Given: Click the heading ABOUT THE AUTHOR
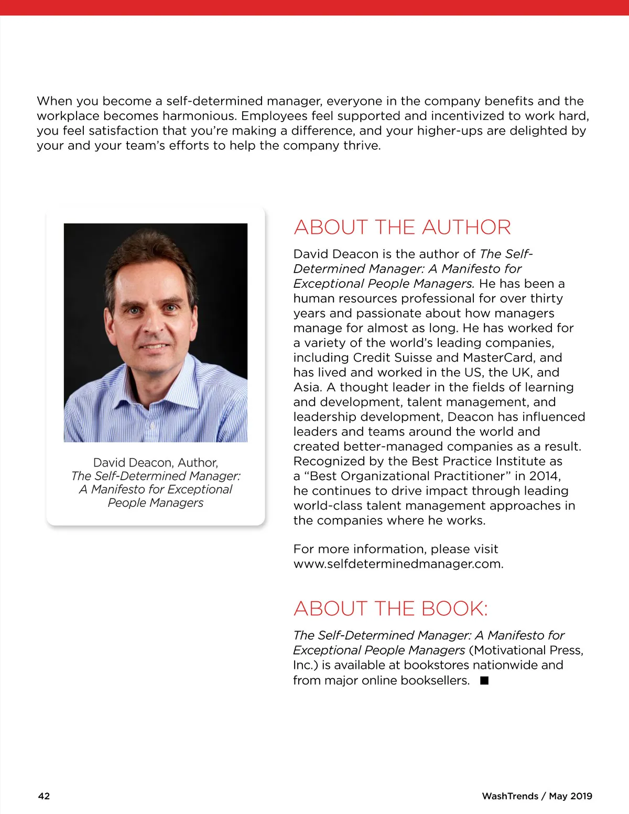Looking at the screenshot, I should coord(402,227).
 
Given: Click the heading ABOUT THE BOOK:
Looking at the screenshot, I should coord(391,609).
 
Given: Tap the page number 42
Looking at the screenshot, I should coord(44,796).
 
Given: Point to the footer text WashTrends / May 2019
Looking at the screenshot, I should coord(537,796).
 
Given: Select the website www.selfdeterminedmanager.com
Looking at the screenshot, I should coord(398,564).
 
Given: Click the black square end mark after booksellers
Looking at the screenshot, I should coord(484,680).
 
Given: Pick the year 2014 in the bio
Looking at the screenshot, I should coord(545,476).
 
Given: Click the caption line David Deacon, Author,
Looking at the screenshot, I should coord(156,463).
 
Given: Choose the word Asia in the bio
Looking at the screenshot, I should coord(307,387).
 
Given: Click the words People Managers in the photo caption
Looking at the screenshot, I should coord(156,503).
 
